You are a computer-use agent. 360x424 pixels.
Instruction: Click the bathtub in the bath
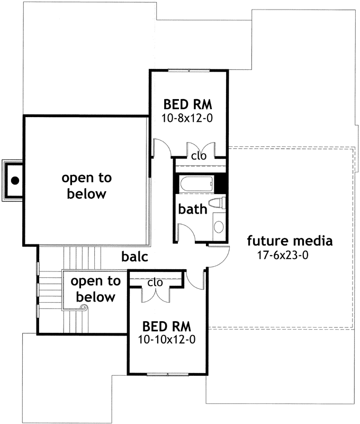point(195,184)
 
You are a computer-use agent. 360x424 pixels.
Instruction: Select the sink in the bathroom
point(219,227)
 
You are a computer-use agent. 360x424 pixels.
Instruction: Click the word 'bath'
point(192,209)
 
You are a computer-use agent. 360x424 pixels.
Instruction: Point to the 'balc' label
point(134,257)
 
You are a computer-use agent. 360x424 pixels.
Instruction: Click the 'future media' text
point(290,241)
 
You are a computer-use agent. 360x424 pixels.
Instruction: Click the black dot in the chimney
point(15,180)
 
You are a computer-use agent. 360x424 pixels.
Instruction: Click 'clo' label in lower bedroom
point(155,282)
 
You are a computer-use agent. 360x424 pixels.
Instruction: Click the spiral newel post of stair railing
point(83,307)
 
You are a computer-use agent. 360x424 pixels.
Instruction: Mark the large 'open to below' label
point(87,185)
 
